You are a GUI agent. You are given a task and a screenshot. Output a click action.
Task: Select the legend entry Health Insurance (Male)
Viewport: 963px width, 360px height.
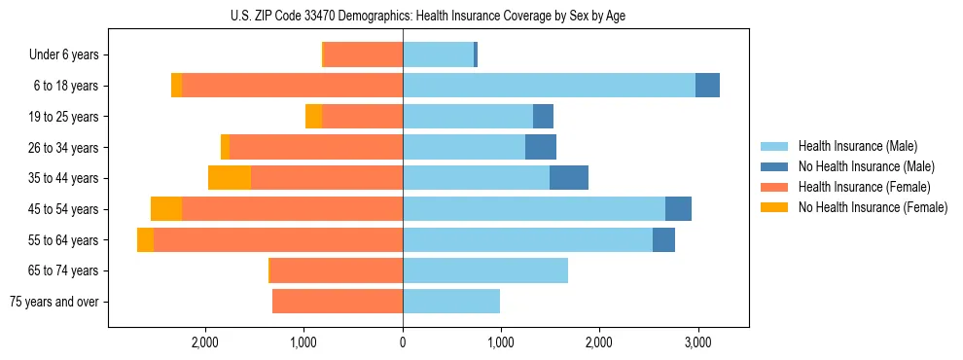click(857, 146)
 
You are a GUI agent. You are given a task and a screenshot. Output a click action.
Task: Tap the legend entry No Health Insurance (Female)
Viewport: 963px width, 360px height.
click(873, 207)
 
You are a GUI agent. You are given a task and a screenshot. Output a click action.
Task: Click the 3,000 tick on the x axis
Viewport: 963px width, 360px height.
click(696, 342)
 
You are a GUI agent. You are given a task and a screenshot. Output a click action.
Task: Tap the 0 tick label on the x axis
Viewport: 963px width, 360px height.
click(403, 342)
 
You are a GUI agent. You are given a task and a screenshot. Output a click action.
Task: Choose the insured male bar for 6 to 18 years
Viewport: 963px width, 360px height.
click(549, 86)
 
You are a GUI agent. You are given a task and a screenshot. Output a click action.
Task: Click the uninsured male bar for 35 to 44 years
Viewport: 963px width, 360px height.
click(569, 178)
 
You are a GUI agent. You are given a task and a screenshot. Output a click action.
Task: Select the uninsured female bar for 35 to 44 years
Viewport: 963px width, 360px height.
click(230, 178)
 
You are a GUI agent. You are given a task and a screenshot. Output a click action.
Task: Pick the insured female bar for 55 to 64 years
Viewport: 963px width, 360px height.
click(278, 240)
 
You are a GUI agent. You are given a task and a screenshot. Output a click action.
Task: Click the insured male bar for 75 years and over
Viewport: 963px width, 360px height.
click(451, 302)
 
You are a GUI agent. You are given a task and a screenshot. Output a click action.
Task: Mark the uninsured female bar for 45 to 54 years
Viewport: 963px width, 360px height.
click(166, 209)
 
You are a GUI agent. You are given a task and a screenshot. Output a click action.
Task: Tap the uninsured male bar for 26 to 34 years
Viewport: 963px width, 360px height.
click(541, 147)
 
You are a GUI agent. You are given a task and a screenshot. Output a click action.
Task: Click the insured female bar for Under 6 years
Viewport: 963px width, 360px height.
click(363, 55)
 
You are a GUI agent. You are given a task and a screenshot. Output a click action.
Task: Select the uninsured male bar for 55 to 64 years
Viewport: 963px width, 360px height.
click(663, 240)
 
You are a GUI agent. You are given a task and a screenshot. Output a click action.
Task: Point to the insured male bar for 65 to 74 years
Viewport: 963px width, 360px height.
click(485, 270)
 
